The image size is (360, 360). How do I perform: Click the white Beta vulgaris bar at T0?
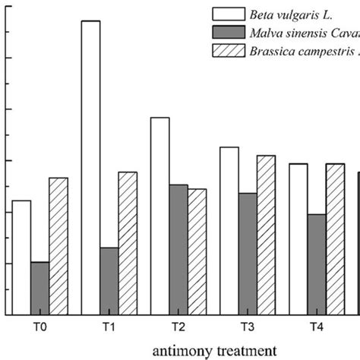21,257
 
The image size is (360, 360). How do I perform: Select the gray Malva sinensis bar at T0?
40,289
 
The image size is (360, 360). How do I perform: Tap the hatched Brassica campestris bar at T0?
58,246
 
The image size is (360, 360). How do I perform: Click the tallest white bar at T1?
90,167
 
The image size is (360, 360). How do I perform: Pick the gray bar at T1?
109,281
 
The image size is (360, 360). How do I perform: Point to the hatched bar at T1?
128,243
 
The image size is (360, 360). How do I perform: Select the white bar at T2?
159,216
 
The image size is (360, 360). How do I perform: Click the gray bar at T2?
178,250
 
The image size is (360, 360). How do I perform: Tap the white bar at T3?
229,231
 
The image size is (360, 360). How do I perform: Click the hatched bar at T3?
266,235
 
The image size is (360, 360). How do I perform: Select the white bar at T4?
298,239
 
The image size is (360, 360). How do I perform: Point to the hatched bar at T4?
335,239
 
